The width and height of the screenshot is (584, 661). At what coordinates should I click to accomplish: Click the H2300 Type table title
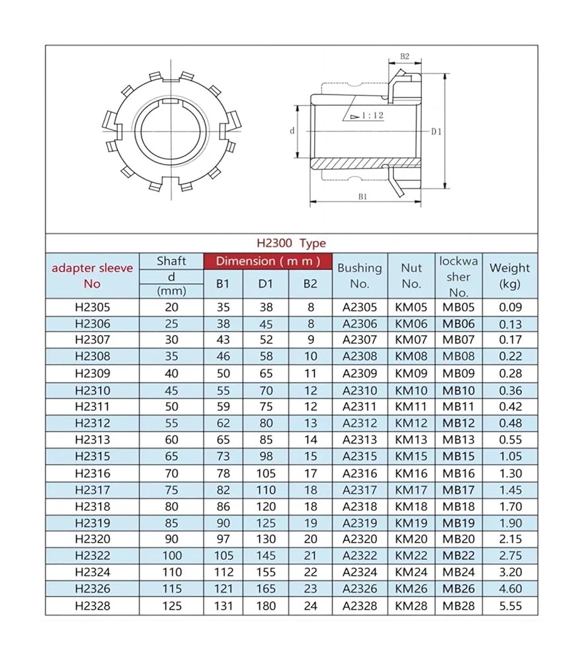click(x=291, y=243)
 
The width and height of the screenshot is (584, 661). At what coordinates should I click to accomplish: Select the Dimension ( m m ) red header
click(x=268, y=261)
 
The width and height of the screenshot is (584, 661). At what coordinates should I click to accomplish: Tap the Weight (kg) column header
click(x=509, y=276)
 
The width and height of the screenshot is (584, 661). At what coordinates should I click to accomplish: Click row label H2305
click(x=93, y=307)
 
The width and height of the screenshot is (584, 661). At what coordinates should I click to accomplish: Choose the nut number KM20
click(x=411, y=539)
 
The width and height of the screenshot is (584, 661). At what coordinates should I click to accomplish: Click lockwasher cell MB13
click(x=458, y=440)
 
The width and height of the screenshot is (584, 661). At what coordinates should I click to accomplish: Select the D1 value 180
click(x=266, y=605)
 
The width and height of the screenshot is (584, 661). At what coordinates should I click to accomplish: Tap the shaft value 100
click(x=171, y=556)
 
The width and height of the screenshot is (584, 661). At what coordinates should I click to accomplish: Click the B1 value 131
click(x=224, y=605)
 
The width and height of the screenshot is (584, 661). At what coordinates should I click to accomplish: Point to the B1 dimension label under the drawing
click(x=362, y=197)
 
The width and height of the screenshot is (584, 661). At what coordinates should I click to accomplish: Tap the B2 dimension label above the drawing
click(x=405, y=57)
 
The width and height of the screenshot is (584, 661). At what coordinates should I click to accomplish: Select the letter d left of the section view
click(x=292, y=131)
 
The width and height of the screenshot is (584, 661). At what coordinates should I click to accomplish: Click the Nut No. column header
click(x=411, y=276)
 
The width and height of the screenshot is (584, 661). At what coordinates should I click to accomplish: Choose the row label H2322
click(x=93, y=556)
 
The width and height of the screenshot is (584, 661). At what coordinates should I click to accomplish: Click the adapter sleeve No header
click(x=93, y=276)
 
